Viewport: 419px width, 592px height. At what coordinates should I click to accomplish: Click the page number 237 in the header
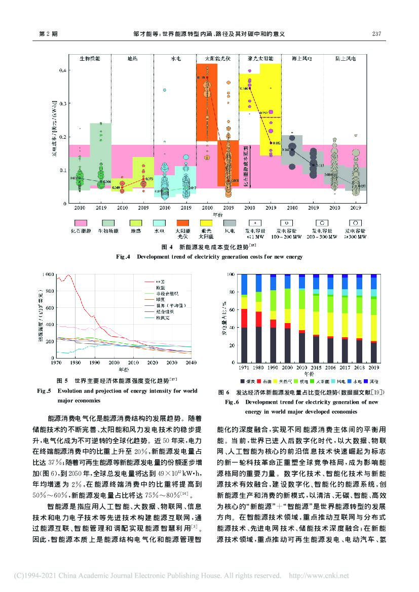tap(376, 34)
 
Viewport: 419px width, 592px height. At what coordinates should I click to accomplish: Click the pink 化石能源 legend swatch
tap(81, 223)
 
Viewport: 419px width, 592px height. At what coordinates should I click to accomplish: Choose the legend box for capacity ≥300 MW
tap(356, 223)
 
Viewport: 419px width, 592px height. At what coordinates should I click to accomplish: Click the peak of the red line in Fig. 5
tap(68, 275)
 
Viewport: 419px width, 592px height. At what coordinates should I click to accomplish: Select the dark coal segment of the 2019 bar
tap(374, 352)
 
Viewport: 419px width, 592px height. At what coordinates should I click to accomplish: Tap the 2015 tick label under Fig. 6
tap(316, 368)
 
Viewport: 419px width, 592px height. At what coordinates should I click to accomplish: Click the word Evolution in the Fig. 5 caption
tap(72, 391)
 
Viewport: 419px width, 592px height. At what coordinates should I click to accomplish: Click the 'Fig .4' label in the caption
tap(124, 257)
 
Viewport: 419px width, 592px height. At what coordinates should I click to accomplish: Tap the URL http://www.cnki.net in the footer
tap(319, 576)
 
